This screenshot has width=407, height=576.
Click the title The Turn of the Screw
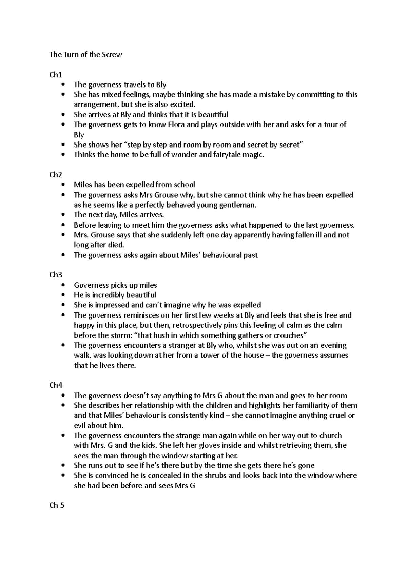(x=85, y=55)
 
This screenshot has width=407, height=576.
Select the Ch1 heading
(x=56, y=75)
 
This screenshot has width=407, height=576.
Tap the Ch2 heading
(x=56, y=175)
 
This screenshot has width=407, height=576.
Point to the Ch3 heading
(x=56, y=275)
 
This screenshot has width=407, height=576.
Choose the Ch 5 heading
(x=57, y=505)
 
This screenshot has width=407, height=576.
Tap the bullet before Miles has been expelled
(x=64, y=185)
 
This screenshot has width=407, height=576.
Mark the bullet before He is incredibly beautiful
(x=64, y=295)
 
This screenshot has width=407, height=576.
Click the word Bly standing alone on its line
(x=79, y=135)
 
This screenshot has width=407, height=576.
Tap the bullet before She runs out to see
(x=64, y=465)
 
